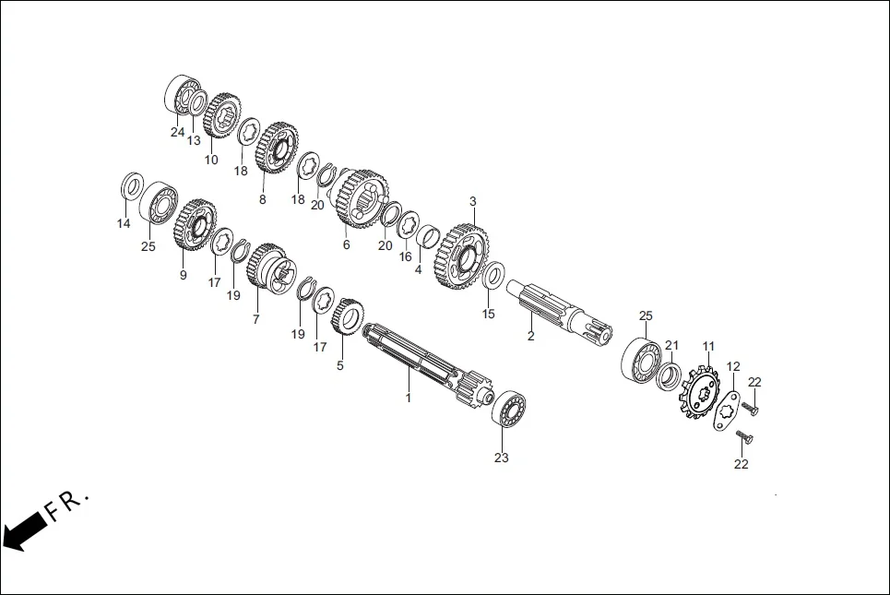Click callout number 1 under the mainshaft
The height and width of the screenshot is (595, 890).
point(408,398)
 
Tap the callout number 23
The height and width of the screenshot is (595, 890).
point(501,458)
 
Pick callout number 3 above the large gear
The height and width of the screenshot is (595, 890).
point(473,201)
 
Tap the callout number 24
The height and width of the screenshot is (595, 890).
point(177,132)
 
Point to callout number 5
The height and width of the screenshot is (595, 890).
point(339,365)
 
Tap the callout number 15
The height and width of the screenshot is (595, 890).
point(489,314)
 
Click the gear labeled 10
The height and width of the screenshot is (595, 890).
point(221,115)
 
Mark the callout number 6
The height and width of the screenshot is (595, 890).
point(346,244)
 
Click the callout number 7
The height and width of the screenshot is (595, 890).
point(256,318)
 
